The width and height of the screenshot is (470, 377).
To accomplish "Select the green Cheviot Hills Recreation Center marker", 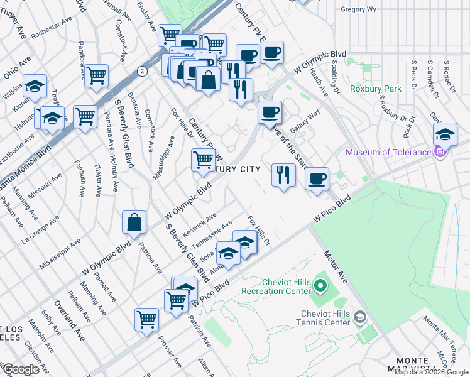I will [x=320, y=287].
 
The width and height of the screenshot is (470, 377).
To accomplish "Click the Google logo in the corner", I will [x=20, y=369].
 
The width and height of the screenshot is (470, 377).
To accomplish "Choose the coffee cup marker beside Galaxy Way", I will [x=270, y=112].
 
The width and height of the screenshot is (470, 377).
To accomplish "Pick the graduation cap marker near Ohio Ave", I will [x=35, y=86].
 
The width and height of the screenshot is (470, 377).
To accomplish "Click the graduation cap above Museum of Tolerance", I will [x=444, y=134].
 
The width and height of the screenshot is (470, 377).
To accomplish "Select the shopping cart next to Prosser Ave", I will [x=146, y=319].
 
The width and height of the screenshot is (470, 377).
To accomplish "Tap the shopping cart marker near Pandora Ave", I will [x=97, y=75].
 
